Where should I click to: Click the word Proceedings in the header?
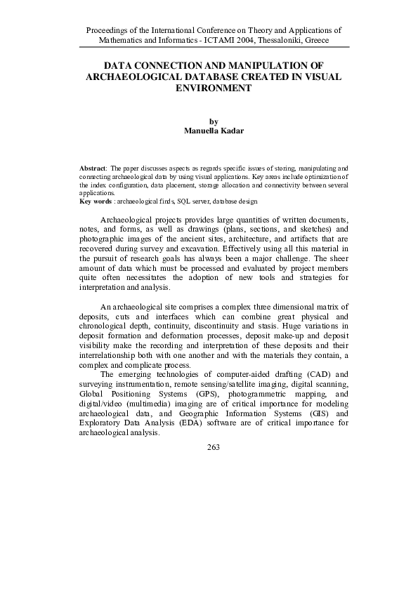[x=105, y=31]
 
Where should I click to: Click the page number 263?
[x=214, y=447]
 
